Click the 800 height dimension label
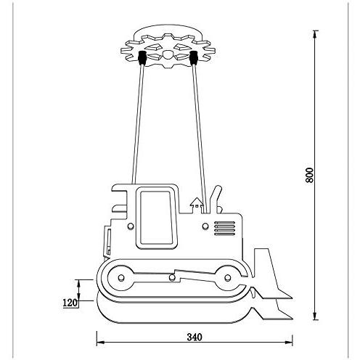(309, 175)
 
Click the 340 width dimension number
(195, 337)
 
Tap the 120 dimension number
(70, 303)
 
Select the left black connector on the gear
(142, 58)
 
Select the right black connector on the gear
(194, 58)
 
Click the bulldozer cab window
(157, 217)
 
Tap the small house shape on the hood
(197, 205)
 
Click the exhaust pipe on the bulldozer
(215, 199)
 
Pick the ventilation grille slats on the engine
(224, 228)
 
